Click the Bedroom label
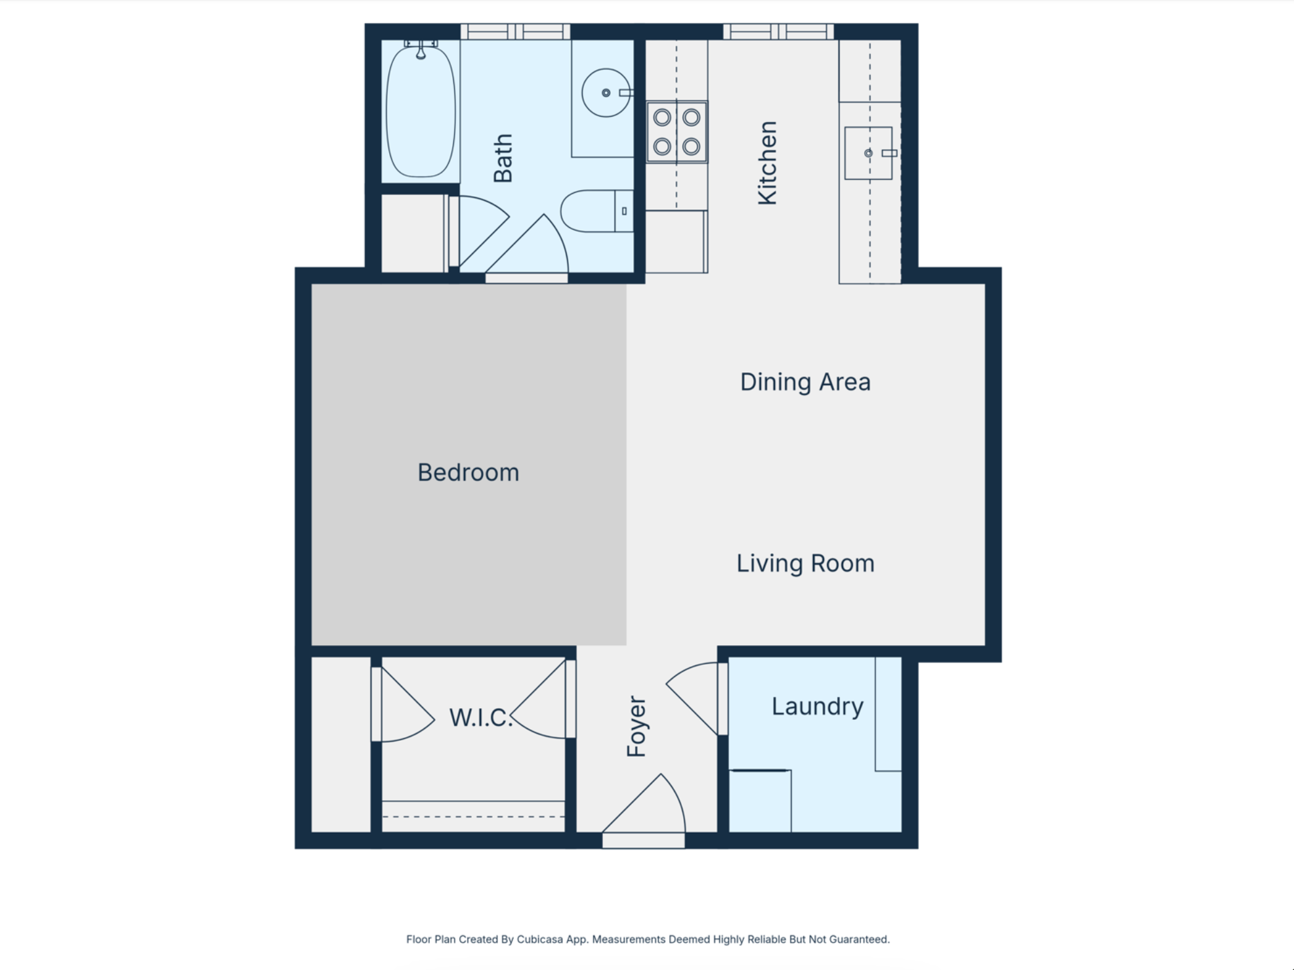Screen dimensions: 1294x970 point(468,473)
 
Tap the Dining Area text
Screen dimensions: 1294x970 point(805,382)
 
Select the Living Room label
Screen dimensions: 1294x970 point(805,564)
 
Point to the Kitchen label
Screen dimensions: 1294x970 point(767,163)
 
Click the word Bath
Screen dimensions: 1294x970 point(503,158)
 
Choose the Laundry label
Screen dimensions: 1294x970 point(817,707)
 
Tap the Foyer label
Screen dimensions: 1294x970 point(637,727)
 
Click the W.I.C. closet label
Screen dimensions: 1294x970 point(481,717)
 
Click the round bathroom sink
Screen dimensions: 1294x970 point(606,93)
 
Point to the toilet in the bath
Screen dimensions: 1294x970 point(596,211)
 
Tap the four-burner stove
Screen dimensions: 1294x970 point(677,132)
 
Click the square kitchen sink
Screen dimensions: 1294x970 point(868,153)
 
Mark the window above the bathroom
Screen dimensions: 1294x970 point(515,32)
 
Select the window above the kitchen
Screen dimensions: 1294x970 point(778,32)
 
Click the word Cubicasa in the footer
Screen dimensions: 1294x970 point(539,939)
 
